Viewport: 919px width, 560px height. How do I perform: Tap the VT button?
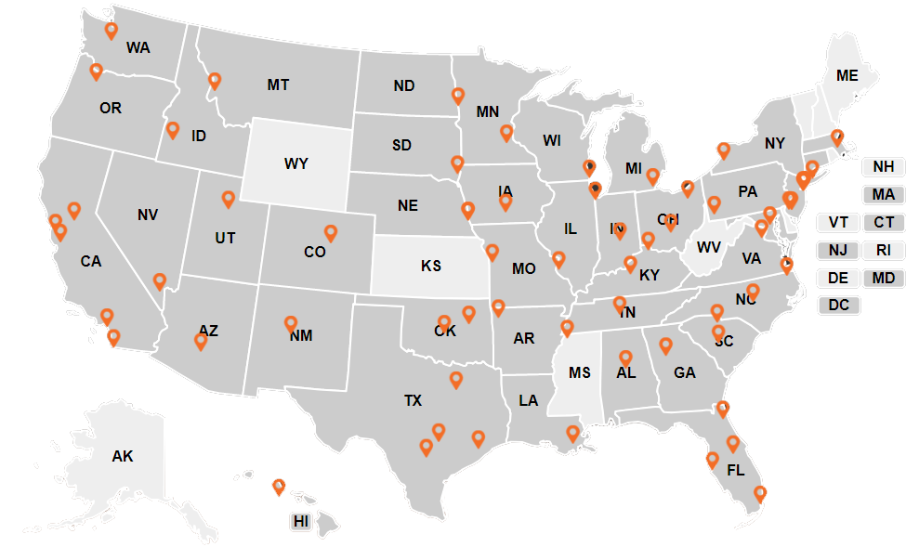point(838,223)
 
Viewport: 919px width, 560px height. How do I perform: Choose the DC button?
point(838,305)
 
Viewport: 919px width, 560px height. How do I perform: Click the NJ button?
point(838,250)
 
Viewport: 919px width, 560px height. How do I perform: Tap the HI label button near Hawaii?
point(301,521)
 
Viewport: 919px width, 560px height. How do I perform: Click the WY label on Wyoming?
point(295,164)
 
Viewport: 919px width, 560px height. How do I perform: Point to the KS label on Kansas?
point(430,266)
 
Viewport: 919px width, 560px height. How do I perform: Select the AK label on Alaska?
point(123,456)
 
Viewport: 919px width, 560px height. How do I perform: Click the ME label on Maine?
point(847,76)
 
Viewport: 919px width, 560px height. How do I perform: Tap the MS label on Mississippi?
point(580,372)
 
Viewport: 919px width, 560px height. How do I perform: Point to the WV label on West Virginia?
point(709,247)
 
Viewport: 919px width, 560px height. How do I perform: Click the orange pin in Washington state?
point(112,31)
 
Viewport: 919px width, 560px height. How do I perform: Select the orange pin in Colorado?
point(330,232)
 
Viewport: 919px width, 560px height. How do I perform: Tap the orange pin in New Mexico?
point(291,323)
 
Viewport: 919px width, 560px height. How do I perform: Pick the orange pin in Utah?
point(229,199)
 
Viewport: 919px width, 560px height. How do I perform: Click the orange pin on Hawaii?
point(278,486)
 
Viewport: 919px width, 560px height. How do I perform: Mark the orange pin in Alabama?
point(625,358)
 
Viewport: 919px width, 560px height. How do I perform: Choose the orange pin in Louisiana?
point(572,433)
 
